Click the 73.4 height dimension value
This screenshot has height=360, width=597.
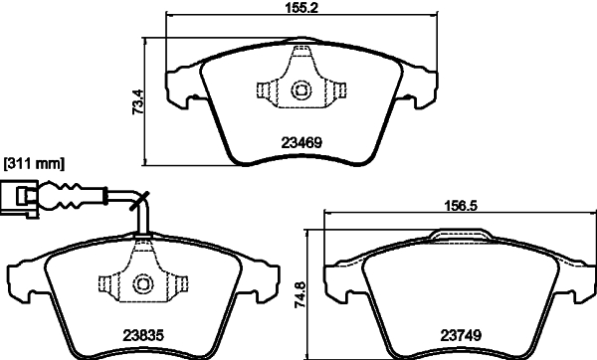pos(139,101)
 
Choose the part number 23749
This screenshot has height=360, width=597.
pos(456,335)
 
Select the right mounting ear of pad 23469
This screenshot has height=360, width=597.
pos(416,84)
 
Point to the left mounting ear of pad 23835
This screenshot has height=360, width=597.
pos(24,276)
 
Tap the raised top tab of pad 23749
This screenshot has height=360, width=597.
pos(455,235)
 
